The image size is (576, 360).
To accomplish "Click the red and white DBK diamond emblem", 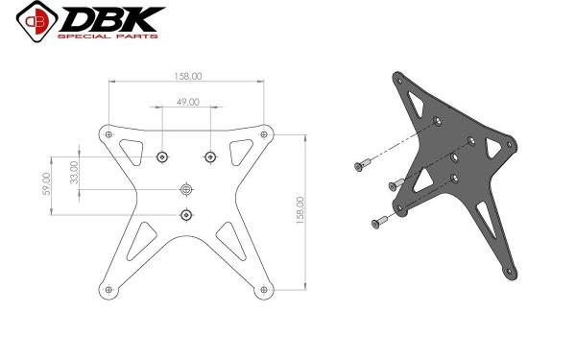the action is click(x=36, y=21).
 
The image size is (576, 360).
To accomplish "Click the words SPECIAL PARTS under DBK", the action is click(x=108, y=36).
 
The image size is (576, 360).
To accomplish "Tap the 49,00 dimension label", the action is click(x=188, y=102).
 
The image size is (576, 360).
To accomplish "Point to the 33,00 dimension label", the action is click(x=75, y=172).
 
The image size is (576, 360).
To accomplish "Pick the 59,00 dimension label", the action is click(x=47, y=183).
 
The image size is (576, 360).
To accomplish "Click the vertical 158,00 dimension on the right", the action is click(x=300, y=210).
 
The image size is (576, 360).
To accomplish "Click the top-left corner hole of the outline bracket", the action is click(x=108, y=134).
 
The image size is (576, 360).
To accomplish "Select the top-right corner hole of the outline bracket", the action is click(x=264, y=134).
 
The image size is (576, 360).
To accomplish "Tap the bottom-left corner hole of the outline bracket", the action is click(x=108, y=290).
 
